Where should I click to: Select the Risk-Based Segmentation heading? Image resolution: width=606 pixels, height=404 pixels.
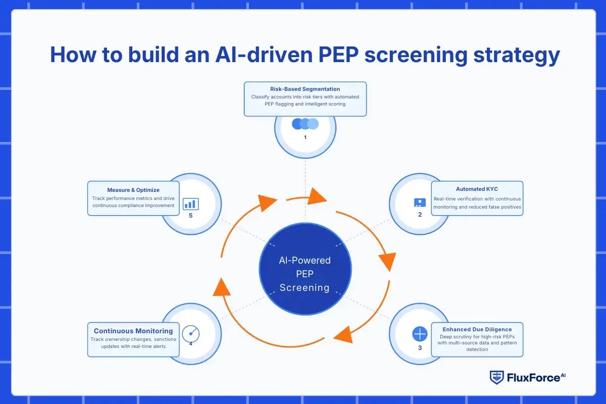[x=305, y=89]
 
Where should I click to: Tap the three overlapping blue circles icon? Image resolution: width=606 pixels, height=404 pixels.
[x=305, y=124]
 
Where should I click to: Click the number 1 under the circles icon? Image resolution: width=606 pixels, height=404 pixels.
[x=305, y=137]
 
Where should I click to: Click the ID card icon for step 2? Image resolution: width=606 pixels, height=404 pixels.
[x=419, y=203]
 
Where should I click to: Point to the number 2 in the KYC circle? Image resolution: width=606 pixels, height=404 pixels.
[x=419, y=214]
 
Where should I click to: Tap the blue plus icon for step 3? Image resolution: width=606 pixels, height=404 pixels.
[x=420, y=334]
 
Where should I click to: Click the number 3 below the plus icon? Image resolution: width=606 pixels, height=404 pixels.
[x=420, y=348]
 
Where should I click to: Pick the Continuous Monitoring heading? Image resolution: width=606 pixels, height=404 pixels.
[x=133, y=331]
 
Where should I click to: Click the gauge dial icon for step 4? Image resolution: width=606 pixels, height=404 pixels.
[x=191, y=333]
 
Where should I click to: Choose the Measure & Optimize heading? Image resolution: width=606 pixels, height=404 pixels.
[x=133, y=190]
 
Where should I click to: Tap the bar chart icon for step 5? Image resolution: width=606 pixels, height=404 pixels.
[x=190, y=204]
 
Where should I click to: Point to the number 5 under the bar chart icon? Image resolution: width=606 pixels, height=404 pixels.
[x=190, y=215]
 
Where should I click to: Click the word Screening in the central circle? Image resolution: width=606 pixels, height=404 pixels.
[x=305, y=288]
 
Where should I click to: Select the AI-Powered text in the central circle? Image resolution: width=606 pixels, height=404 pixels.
[x=305, y=261]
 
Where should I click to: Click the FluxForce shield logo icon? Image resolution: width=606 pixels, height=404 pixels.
[x=496, y=377]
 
